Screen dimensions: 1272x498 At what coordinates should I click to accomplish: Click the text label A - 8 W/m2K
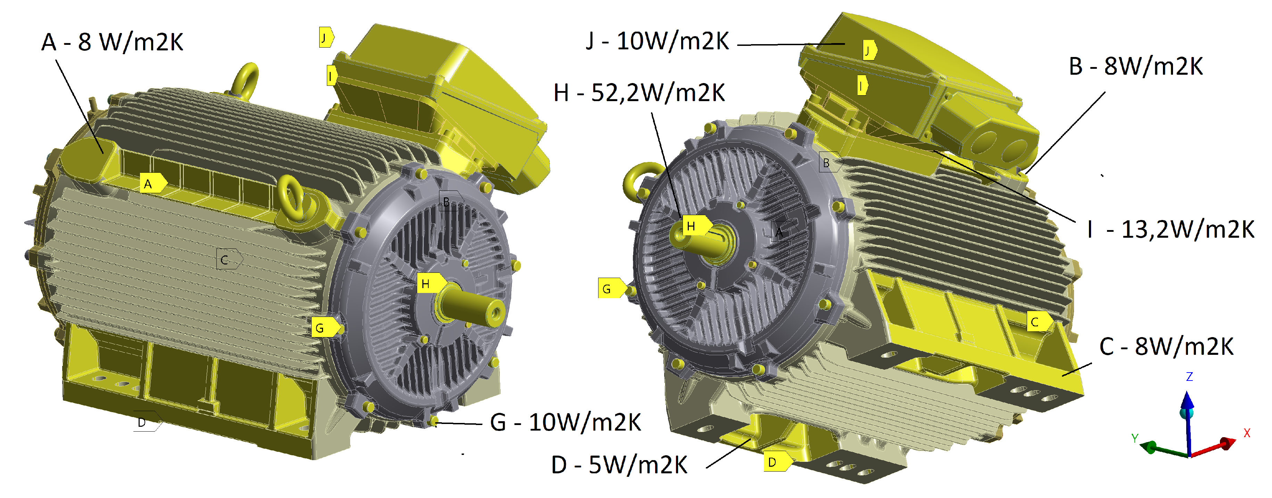tap(112, 42)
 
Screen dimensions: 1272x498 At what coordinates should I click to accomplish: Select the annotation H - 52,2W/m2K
tap(639, 93)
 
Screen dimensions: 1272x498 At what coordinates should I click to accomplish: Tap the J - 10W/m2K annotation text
tap(657, 41)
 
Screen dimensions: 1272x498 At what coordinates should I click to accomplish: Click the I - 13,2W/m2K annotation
tap(1170, 229)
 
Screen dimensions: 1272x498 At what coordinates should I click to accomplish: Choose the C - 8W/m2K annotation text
tap(1166, 347)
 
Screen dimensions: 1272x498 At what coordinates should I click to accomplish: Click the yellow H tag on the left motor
tap(431, 284)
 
